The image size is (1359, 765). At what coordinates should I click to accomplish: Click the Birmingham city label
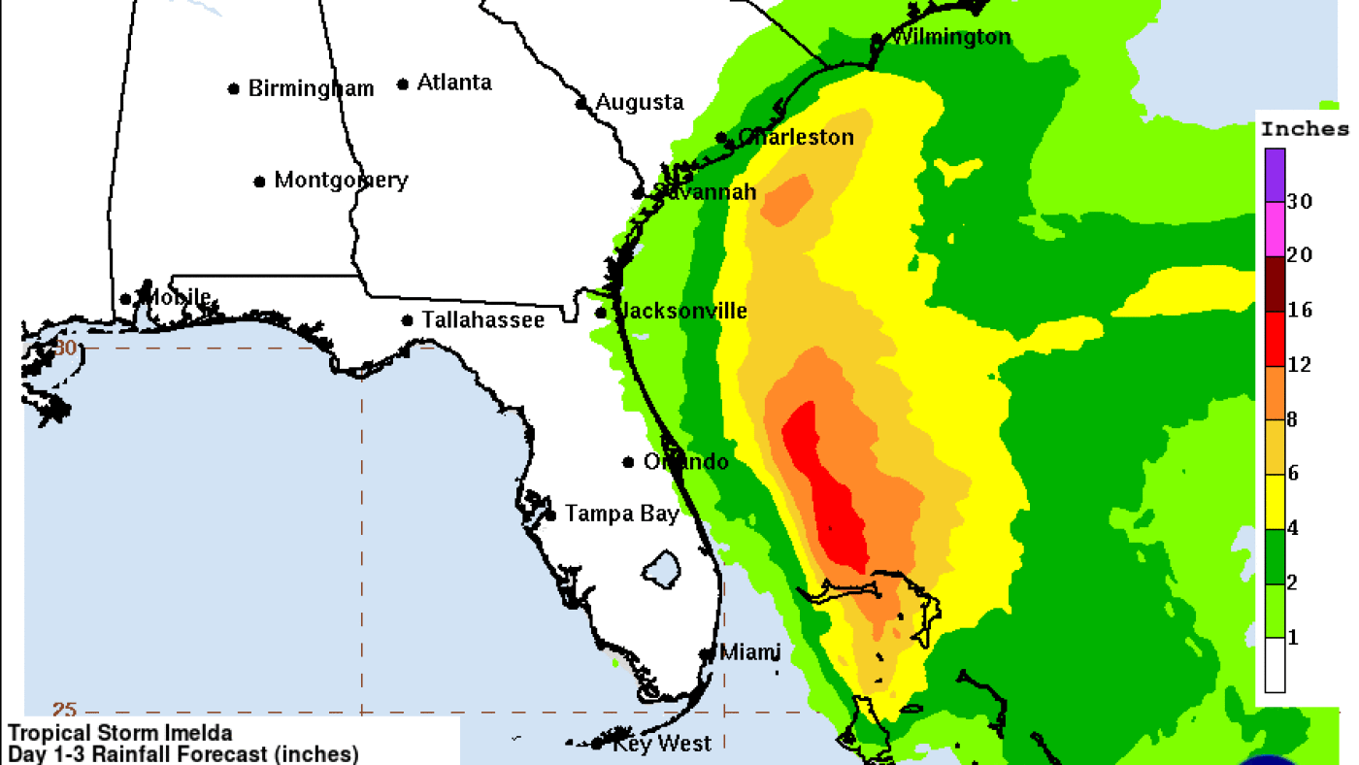[311, 88]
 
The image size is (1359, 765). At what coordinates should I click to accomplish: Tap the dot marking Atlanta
[403, 84]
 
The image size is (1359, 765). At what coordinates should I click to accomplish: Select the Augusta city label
[640, 102]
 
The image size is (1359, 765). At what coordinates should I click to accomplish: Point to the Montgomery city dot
[259, 182]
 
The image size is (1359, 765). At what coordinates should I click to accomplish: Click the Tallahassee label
[482, 319]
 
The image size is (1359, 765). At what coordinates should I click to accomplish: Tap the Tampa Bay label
[622, 514]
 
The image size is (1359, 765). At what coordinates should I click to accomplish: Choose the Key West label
[662, 744]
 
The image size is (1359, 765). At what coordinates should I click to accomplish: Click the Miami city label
[749, 651]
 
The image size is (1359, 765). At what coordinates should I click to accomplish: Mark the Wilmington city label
[950, 38]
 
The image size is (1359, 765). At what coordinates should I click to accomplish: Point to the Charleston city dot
[721, 138]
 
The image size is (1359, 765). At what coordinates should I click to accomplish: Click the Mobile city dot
[125, 300]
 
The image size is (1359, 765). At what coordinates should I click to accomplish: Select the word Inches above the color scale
[1305, 129]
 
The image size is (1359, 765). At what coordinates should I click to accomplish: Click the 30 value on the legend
[1300, 202]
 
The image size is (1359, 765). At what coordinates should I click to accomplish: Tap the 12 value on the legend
[1300, 365]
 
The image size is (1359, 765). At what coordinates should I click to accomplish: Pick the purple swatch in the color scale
[1275, 175]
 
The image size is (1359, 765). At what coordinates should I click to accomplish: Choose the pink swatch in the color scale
[1275, 229]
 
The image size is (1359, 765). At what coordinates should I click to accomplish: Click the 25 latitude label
[65, 710]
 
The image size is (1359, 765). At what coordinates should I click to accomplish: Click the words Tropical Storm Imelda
[120, 733]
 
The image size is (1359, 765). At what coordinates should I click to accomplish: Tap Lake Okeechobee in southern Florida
[663, 568]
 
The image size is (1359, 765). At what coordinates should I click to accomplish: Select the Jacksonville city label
[683, 311]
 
